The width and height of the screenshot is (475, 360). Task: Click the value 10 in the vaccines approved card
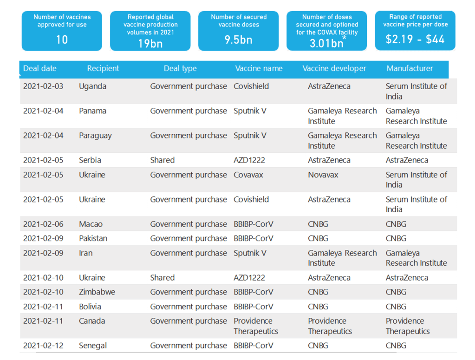point(62,39)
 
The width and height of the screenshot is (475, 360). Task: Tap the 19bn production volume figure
point(150,44)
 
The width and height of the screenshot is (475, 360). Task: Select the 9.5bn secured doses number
point(238,39)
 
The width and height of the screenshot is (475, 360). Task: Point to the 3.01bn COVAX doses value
point(326,43)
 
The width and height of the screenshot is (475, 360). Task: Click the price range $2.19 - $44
point(415,39)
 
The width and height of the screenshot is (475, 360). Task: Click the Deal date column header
point(40,68)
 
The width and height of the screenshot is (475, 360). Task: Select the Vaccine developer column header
point(334,68)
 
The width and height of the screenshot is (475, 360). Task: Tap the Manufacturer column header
point(410,68)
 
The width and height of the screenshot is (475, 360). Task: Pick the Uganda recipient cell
point(92,86)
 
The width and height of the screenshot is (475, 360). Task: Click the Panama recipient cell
point(92,111)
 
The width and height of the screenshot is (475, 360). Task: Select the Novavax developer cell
point(323,175)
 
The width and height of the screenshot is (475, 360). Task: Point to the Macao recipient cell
point(91,224)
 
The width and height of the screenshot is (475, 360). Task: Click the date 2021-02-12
point(43,346)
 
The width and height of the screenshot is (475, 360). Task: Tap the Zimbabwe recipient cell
point(97,292)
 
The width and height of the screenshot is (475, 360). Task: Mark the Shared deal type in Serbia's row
point(162,160)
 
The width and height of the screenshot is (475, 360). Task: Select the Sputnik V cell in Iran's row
point(250,253)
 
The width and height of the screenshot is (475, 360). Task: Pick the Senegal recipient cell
point(93,346)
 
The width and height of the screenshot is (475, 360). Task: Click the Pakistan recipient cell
point(93,238)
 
